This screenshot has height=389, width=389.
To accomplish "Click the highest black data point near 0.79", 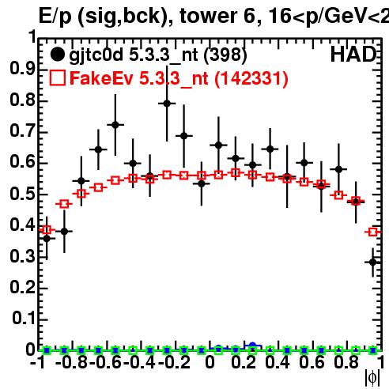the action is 167,104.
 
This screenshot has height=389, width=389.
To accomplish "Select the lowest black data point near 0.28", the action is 372,262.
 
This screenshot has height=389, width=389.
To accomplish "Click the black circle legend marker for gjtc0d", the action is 57,55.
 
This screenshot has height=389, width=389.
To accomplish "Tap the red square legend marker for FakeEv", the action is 57,77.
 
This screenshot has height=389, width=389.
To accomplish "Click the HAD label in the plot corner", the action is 353,55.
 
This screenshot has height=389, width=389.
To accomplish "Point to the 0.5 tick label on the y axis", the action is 22,194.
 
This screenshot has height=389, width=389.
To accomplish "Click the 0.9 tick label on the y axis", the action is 22,69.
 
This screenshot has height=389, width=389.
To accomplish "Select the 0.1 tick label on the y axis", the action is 23,319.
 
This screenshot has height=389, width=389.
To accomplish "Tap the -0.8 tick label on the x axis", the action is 72,363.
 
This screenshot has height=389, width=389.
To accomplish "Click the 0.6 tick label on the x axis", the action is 312,363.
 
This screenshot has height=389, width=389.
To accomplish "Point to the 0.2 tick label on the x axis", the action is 244,363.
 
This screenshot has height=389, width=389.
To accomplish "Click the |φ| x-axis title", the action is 372,379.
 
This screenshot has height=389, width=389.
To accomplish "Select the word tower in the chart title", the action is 209,16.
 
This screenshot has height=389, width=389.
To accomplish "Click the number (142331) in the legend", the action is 251,78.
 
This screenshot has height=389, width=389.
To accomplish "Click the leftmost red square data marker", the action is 47,230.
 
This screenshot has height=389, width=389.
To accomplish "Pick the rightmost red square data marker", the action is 372,232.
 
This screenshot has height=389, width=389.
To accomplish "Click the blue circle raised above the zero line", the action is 252,346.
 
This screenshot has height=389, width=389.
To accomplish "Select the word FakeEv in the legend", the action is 101,78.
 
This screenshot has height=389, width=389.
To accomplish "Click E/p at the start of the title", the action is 55,17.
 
